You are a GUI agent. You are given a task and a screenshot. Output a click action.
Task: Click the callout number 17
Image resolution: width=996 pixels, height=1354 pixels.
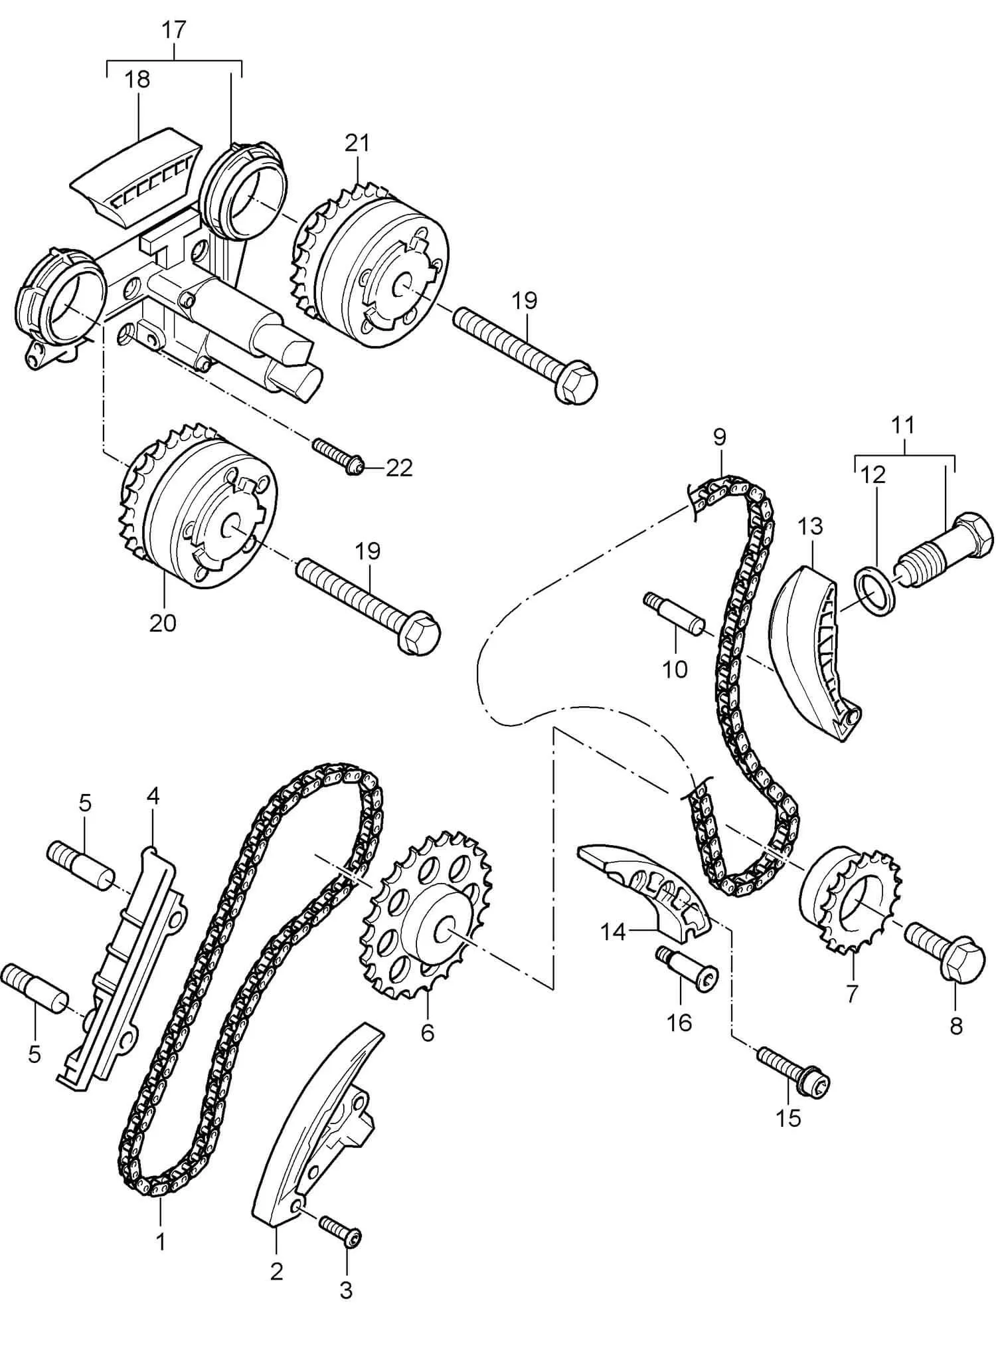(174, 31)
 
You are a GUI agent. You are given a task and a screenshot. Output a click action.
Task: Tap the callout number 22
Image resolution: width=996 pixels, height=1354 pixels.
(399, 468)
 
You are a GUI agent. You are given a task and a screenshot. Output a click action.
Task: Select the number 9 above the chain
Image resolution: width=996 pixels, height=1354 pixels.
(720, 437)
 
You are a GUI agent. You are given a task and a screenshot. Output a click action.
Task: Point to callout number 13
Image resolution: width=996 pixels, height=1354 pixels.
(811, 526)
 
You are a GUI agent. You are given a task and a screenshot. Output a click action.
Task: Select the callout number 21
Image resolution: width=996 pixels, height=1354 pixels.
(357, 143)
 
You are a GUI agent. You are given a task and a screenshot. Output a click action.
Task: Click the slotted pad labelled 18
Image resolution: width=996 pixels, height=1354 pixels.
(137, 179)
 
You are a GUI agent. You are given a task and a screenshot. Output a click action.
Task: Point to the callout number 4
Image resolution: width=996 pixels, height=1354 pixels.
(153, 796)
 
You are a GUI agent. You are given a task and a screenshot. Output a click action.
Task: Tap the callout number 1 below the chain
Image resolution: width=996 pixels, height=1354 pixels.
(160, 1241)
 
